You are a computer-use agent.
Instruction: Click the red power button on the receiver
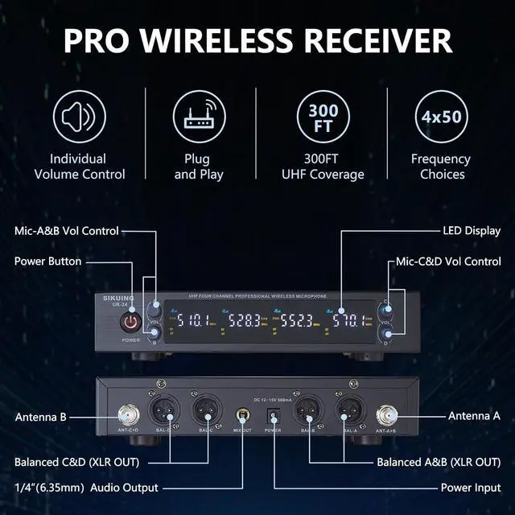[130, 322]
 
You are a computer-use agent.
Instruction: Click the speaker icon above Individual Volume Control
[88, 117]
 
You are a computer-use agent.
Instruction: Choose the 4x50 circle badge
[440, 117]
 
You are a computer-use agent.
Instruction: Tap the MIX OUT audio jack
[241, 416]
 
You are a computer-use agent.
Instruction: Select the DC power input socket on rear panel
[272, 415]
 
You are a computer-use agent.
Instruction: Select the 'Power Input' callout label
[471, 488]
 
